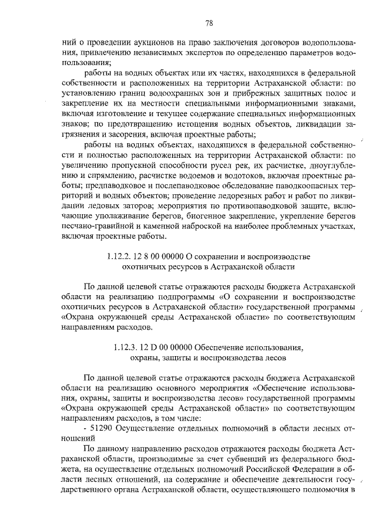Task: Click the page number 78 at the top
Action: pos(209,23)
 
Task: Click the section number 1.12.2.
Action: pos(120,256)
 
